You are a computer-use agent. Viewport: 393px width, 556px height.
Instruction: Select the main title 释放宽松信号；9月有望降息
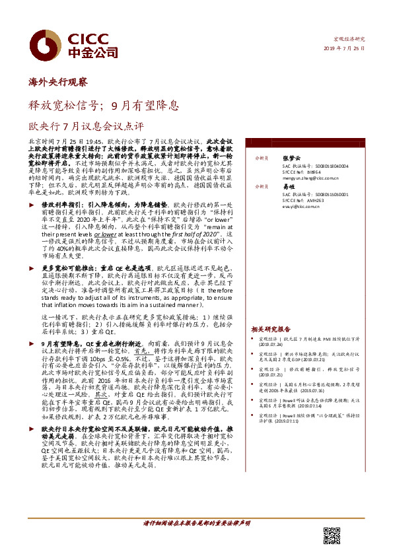click(x=102, y=104)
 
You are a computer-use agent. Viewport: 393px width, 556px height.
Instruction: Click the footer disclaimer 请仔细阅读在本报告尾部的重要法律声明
click(x=196, y=541)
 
